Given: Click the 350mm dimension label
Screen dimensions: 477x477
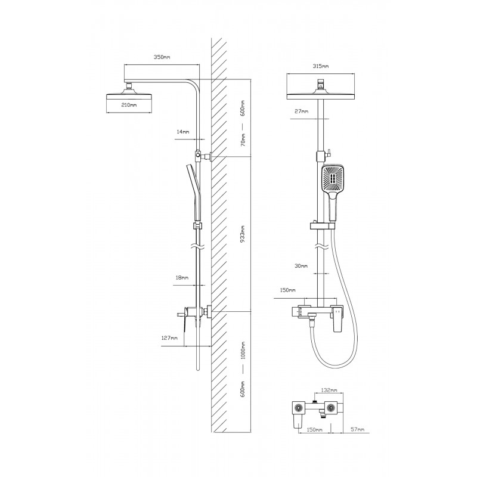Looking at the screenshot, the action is [x=162, y=57].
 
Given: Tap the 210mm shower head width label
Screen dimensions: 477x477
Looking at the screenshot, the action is [x=129, y=105].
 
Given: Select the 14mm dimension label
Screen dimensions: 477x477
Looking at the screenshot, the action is [x=183, y=132].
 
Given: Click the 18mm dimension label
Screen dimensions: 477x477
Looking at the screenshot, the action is [x=182, y=278].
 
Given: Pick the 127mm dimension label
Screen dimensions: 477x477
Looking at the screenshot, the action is [x=169, y=338].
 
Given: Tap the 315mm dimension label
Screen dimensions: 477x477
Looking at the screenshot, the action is [x=321, y=66].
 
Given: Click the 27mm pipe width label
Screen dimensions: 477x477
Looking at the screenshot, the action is [x=302, y=111].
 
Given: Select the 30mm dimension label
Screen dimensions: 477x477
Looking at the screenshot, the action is [x=301, y=265].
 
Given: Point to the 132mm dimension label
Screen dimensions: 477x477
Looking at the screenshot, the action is [x=329, y=390].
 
